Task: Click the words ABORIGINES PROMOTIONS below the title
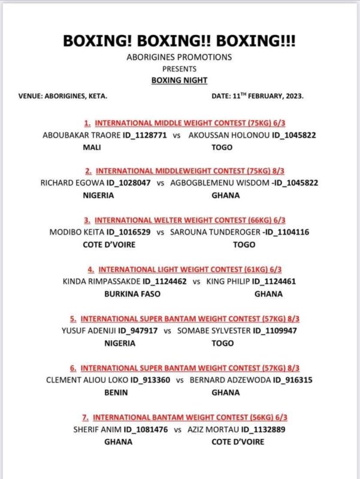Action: tap(179, 57)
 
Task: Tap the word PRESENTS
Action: tap(179, 68)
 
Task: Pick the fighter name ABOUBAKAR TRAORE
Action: tap(74, 135)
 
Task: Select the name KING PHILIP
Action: tap(228, 281)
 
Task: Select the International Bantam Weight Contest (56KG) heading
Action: tap(180, 417)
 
